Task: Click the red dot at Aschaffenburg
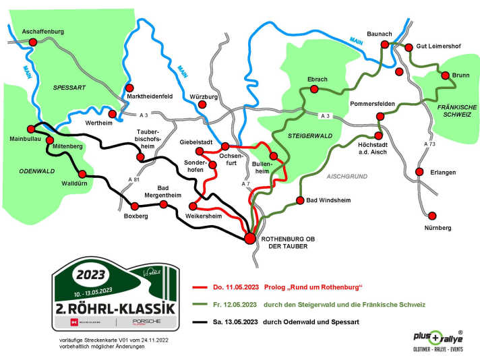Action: pos(32,42)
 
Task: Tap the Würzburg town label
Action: pos(204,97)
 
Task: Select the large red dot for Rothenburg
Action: pos(249,237)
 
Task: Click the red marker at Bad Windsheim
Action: pos(299,200)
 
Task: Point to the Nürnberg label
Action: pos(438,229)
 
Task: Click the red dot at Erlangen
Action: pos(420,172)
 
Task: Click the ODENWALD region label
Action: pos(33,171)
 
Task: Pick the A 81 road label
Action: pos(134,179)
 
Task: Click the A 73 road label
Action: pos(429,144)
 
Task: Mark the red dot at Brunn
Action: pos(445,75)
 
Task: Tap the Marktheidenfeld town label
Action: pos(150,96)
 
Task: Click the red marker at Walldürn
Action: pos(82,173)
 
